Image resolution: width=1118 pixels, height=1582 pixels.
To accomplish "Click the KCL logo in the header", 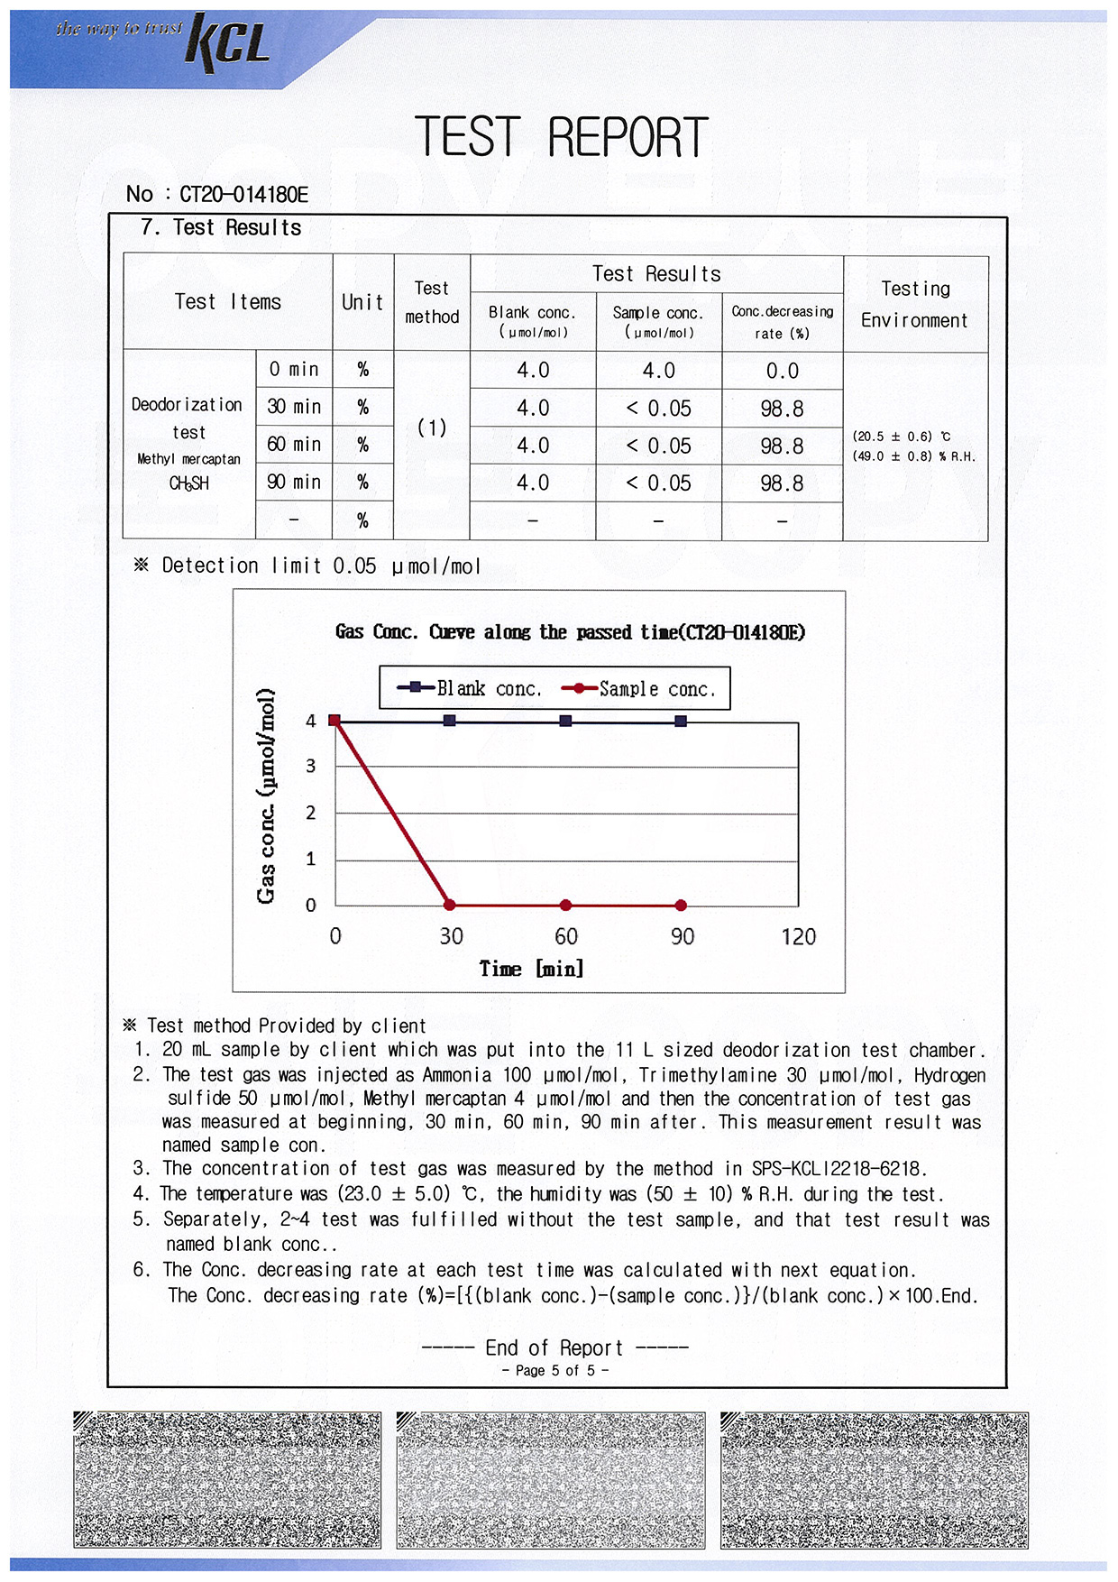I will pos(227,42).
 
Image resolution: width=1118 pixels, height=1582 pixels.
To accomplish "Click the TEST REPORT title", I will pos(561,137).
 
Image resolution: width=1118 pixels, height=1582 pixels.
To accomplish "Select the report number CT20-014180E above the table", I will pos(243,194).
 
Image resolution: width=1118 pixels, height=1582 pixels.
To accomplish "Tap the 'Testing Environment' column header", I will pos(914,304).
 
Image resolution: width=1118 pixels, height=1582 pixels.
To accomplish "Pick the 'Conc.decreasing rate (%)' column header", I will pos(782,322).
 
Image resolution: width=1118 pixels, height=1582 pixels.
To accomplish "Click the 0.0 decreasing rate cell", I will pos(782,371).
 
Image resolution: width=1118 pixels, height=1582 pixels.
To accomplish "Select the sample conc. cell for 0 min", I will pos(658,371).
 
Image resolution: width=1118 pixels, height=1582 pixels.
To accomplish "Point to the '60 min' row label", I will pos(294,445).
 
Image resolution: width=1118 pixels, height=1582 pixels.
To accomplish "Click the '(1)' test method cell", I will pos(432,428).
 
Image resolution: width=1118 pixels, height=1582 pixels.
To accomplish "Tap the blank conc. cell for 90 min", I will pos(533,483).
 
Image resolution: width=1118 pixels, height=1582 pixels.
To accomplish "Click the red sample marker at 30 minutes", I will pos(450,905).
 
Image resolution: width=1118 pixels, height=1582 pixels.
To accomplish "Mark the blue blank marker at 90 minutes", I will pos(681,721).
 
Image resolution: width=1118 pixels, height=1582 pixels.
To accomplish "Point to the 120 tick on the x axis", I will pos(798,937).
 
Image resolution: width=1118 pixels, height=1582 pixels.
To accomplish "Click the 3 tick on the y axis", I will pos(311,767).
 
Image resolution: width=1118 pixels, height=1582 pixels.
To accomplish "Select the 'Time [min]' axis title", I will pos(531,969).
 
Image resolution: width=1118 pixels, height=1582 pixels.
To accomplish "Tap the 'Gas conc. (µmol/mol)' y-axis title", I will pos(265,796).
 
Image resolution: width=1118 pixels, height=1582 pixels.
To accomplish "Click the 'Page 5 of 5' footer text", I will pos(554,1371).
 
